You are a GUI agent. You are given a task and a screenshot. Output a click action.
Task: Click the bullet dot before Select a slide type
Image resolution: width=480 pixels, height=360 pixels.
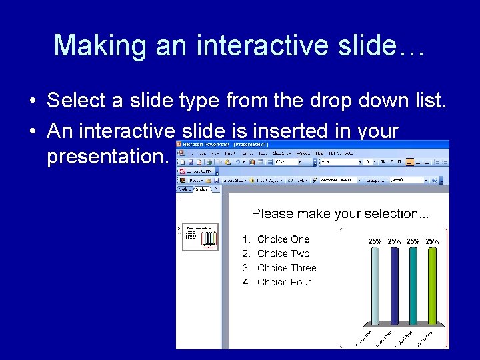coord(32,101)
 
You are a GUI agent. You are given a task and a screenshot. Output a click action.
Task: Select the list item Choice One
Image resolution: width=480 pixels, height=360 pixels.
coord(283,239)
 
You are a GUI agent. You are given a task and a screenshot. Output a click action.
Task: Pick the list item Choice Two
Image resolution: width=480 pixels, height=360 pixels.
coord(283,253)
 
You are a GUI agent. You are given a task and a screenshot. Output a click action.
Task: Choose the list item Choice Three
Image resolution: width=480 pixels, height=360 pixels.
coord(287,268)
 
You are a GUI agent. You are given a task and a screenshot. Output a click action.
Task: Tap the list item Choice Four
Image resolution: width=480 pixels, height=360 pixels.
coord(284,282)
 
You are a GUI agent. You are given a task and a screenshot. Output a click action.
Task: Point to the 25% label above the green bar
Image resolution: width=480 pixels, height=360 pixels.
coord(433,241)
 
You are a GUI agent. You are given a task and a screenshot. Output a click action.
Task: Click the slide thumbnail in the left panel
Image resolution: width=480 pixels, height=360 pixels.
coord(201,237)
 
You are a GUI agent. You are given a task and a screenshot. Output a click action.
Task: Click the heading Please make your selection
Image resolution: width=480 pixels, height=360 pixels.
coord(340,213)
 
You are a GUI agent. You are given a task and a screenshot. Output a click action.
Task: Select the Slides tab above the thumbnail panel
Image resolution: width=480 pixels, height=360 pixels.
coord(201,189)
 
